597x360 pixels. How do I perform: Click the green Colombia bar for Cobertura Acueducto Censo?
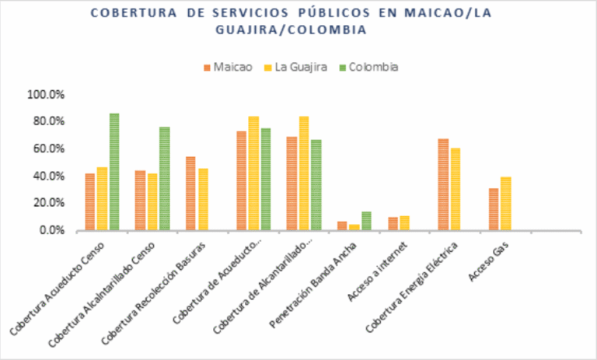click(x=114, y=172)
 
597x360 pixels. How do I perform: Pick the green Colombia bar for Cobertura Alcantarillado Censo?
click(x=165, y=179)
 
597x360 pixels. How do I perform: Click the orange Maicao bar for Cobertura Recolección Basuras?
click(x=190, y=194)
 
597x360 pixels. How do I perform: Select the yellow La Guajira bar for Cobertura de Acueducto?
click(x=253, y=173)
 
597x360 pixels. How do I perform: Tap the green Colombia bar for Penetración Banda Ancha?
click(x=367, y=222)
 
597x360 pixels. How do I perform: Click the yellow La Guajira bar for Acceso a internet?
click(x=405, y=223)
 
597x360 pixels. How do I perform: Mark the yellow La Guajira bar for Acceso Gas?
click(x=506, y=204)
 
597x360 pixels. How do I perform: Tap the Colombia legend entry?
click(x=368, y=67)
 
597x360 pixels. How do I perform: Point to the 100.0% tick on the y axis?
click(x=47, y=95)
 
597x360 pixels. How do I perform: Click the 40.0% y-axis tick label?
click(x=49, y=177)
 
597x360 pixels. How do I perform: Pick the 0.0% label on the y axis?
click(x=51, y=231)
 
